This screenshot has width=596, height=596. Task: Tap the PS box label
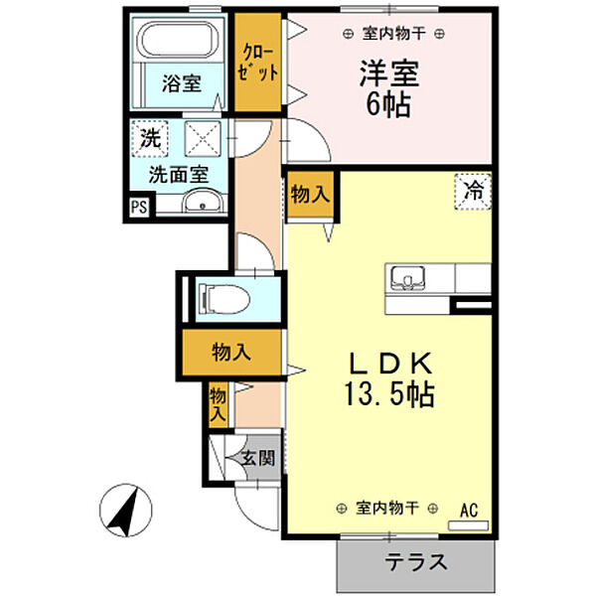pyautogui.click(x=138, y=207)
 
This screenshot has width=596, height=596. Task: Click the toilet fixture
pyautogui.click(x=221, y=298)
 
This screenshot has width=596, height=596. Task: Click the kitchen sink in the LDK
pyautogui.click(x=408, y=276)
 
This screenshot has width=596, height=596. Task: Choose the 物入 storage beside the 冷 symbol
pyautogui.click(x=310, y=196)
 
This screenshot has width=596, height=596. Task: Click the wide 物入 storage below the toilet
pyautogui.click(x=230, y=352)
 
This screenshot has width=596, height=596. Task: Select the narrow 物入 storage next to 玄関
pyautogui.click(x=219, y=404)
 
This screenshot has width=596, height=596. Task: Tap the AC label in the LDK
pyautogui.click(x=468, y=510)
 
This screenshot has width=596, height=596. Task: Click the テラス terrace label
pyautogui.click(x=416, y=561)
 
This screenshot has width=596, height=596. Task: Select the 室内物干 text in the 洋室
pyautogui.click(x=392, y=34)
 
